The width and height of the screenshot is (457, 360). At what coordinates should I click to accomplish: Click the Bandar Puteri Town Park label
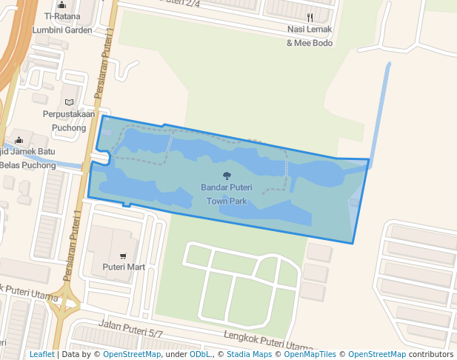click(227, 194)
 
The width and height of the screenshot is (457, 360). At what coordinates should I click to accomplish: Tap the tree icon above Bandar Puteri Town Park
click(227, 176)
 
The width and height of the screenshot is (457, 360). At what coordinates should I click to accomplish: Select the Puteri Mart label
click(124, 267)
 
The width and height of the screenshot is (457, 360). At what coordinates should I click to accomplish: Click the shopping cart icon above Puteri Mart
click(123, 256)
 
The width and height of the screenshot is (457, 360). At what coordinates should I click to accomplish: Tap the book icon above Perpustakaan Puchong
click(69, 102)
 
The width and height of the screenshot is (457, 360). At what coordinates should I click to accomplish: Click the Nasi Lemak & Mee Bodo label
click(310, 36)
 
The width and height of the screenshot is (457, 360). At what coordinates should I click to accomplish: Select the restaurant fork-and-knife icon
click(310, 17)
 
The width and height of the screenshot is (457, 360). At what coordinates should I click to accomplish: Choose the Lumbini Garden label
click(62, 30)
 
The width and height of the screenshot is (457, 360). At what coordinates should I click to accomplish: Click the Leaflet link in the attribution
click(41, 355)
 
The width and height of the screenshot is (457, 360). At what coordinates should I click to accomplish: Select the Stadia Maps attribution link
click(249, 355)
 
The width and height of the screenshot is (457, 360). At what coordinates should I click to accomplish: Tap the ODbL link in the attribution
click(200, 355)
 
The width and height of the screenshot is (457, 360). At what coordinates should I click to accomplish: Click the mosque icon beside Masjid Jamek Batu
click(19, 141)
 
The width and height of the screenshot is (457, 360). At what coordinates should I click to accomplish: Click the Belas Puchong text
click(28, 165)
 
